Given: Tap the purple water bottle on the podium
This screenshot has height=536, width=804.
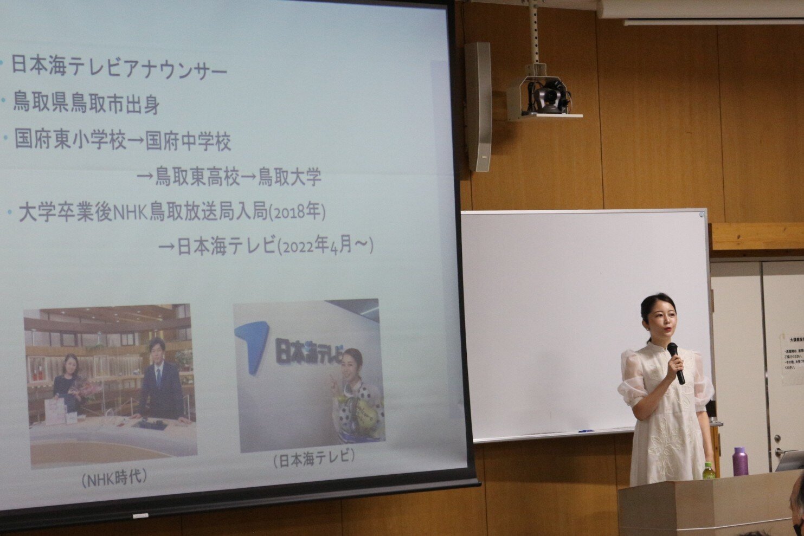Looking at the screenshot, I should [x=739, y=462].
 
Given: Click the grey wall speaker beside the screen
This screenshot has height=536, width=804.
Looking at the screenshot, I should [x=478, y=107].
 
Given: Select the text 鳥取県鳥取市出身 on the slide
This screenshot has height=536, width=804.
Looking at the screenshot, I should [x=86, y=102].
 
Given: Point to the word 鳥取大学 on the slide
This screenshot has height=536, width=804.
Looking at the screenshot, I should [x=290, y=177].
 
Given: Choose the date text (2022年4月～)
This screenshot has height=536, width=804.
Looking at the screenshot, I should [x=325, y=247].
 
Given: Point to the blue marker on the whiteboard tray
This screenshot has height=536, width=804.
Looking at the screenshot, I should [x=586, y=431].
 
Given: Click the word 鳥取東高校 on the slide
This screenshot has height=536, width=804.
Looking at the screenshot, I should [x=197, y=177].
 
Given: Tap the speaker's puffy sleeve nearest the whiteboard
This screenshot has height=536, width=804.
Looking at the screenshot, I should [x=632, y=379].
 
